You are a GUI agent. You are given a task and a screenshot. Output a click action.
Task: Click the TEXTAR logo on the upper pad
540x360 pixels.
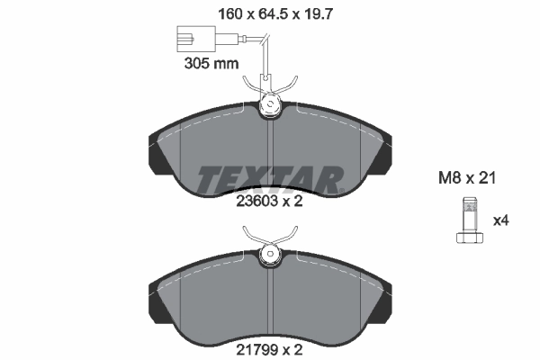click(x=270, y=178)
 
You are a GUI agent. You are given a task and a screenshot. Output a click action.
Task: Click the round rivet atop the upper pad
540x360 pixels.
click(x=270, y=107)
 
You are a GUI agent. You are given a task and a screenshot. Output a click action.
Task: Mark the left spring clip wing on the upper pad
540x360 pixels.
click(x=252, y=85)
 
